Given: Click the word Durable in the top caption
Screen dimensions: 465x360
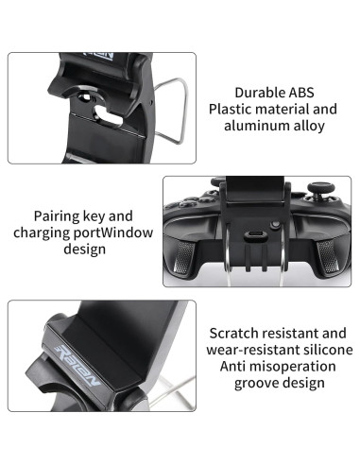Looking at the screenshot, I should (255, 92).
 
